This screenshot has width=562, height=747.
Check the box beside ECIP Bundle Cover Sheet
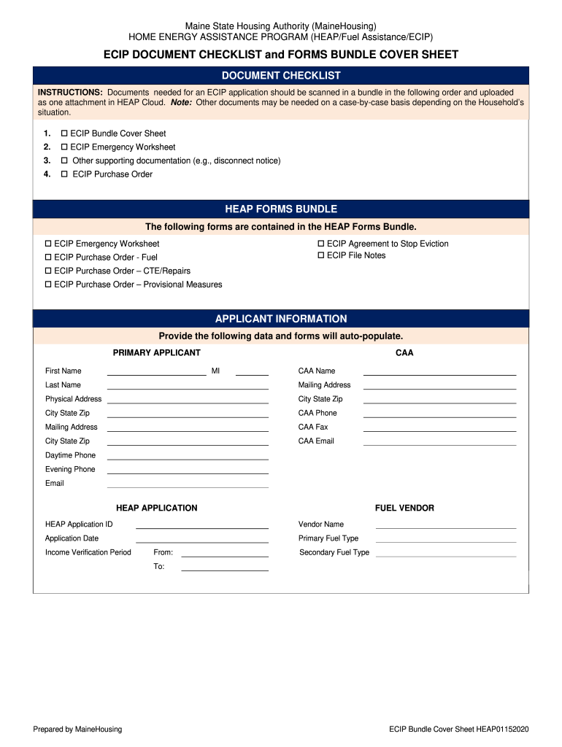click(x=64, y=133)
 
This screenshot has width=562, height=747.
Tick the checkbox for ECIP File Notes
click(x=320, y=255)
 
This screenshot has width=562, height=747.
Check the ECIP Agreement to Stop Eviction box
click(x=320, y=244)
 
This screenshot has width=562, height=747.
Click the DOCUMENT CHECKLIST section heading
click(x=281, y=76)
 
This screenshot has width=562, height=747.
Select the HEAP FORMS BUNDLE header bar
click(x=281, y=209)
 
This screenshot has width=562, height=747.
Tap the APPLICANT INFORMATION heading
click(x=281, y=319)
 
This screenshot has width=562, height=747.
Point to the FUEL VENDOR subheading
click(x=404, y=508)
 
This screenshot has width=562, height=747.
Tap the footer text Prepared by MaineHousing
click(x=77, y=729)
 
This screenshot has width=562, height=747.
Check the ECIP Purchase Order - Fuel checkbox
click(x=48, y=258)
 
